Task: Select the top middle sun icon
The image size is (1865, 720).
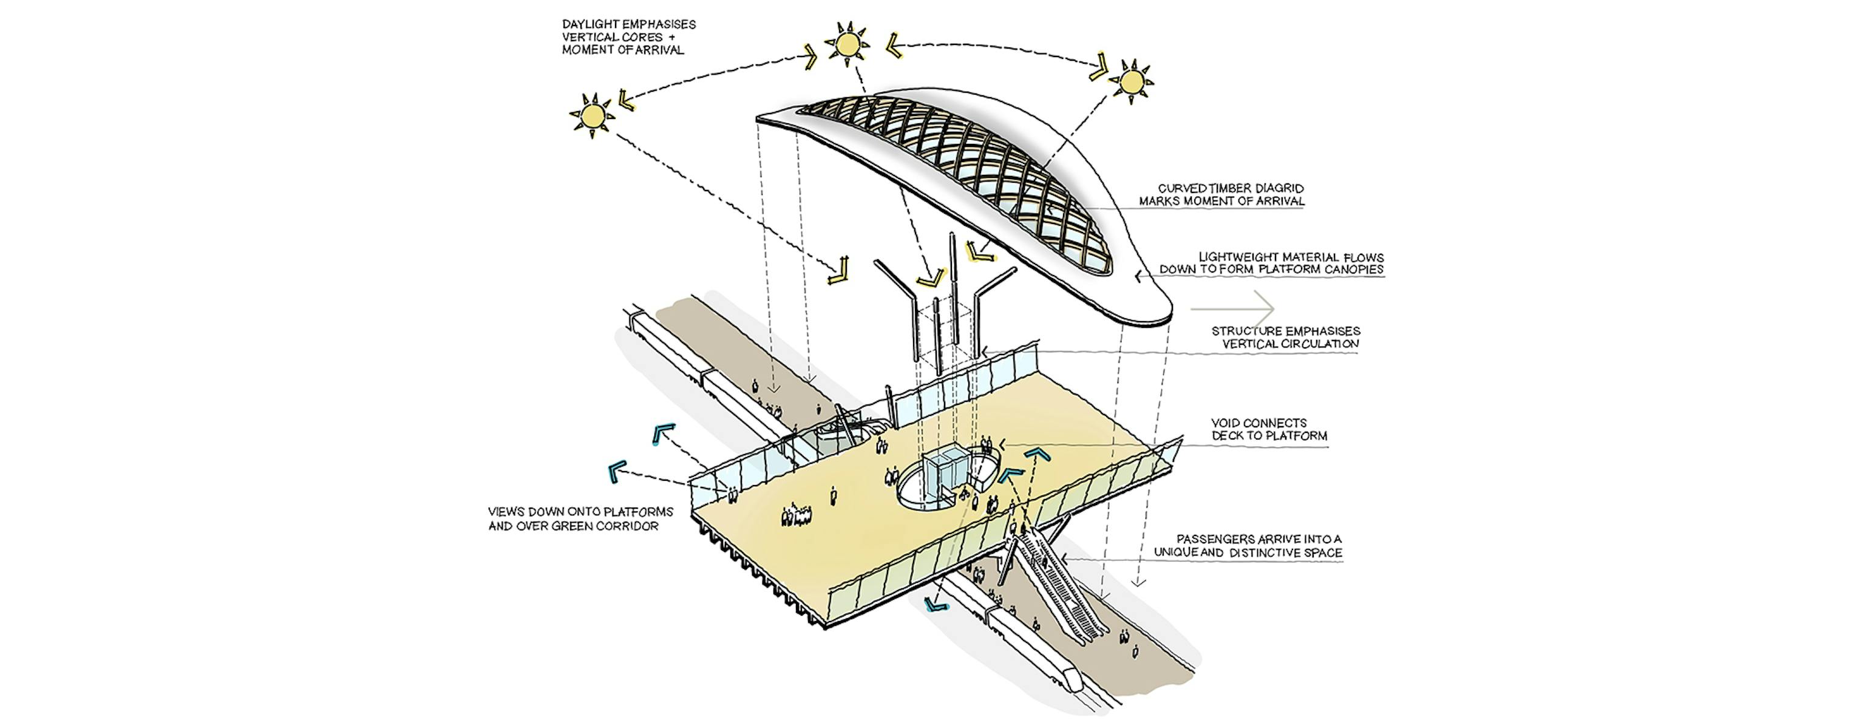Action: [846, 44]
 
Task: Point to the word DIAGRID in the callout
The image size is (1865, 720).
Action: [1279, 188]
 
